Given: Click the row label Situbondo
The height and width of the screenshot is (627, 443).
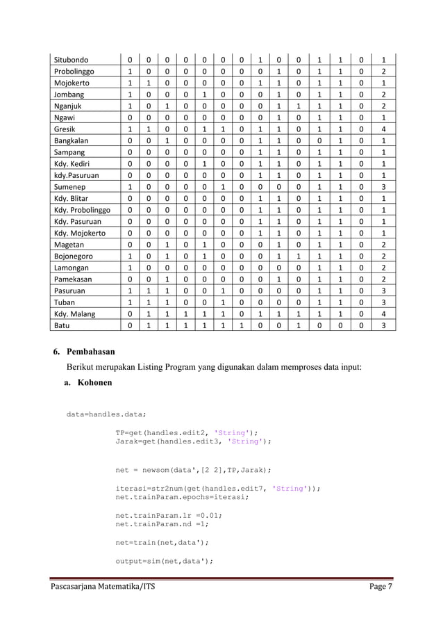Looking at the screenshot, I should [x=76, y=60].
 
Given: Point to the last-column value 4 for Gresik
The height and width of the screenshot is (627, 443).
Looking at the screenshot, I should [x=383, y=129].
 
